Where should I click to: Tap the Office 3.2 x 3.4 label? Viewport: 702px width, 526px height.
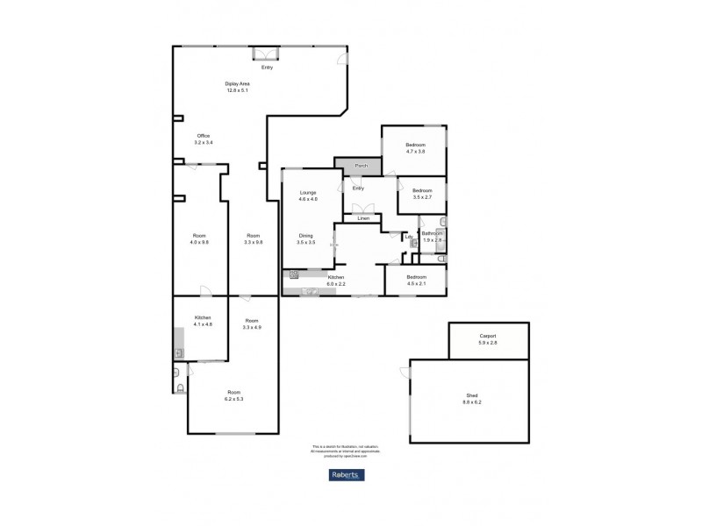(204, 139)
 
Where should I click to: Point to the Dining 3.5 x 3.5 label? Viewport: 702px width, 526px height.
(306, 238)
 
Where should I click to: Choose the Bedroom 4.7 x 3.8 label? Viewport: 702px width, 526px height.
(415, 147)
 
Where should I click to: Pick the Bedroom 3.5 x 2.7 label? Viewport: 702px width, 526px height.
(423, 194)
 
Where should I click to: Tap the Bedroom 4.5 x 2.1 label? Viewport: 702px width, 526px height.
(415, 280)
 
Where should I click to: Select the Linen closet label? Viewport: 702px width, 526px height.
(362, 218)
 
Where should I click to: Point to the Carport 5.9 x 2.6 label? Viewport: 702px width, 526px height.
(489, 338)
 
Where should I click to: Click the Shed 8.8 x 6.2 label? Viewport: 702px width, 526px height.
(472, 399)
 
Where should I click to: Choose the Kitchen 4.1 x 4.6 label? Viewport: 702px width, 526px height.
(203, 321)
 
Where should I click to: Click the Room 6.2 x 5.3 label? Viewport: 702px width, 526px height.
(233, 395)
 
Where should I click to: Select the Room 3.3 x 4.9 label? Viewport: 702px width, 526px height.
(253, 323)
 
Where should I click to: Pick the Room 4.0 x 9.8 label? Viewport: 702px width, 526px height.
(200, 238)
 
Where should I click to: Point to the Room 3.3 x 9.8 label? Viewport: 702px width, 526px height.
(253, 238)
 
